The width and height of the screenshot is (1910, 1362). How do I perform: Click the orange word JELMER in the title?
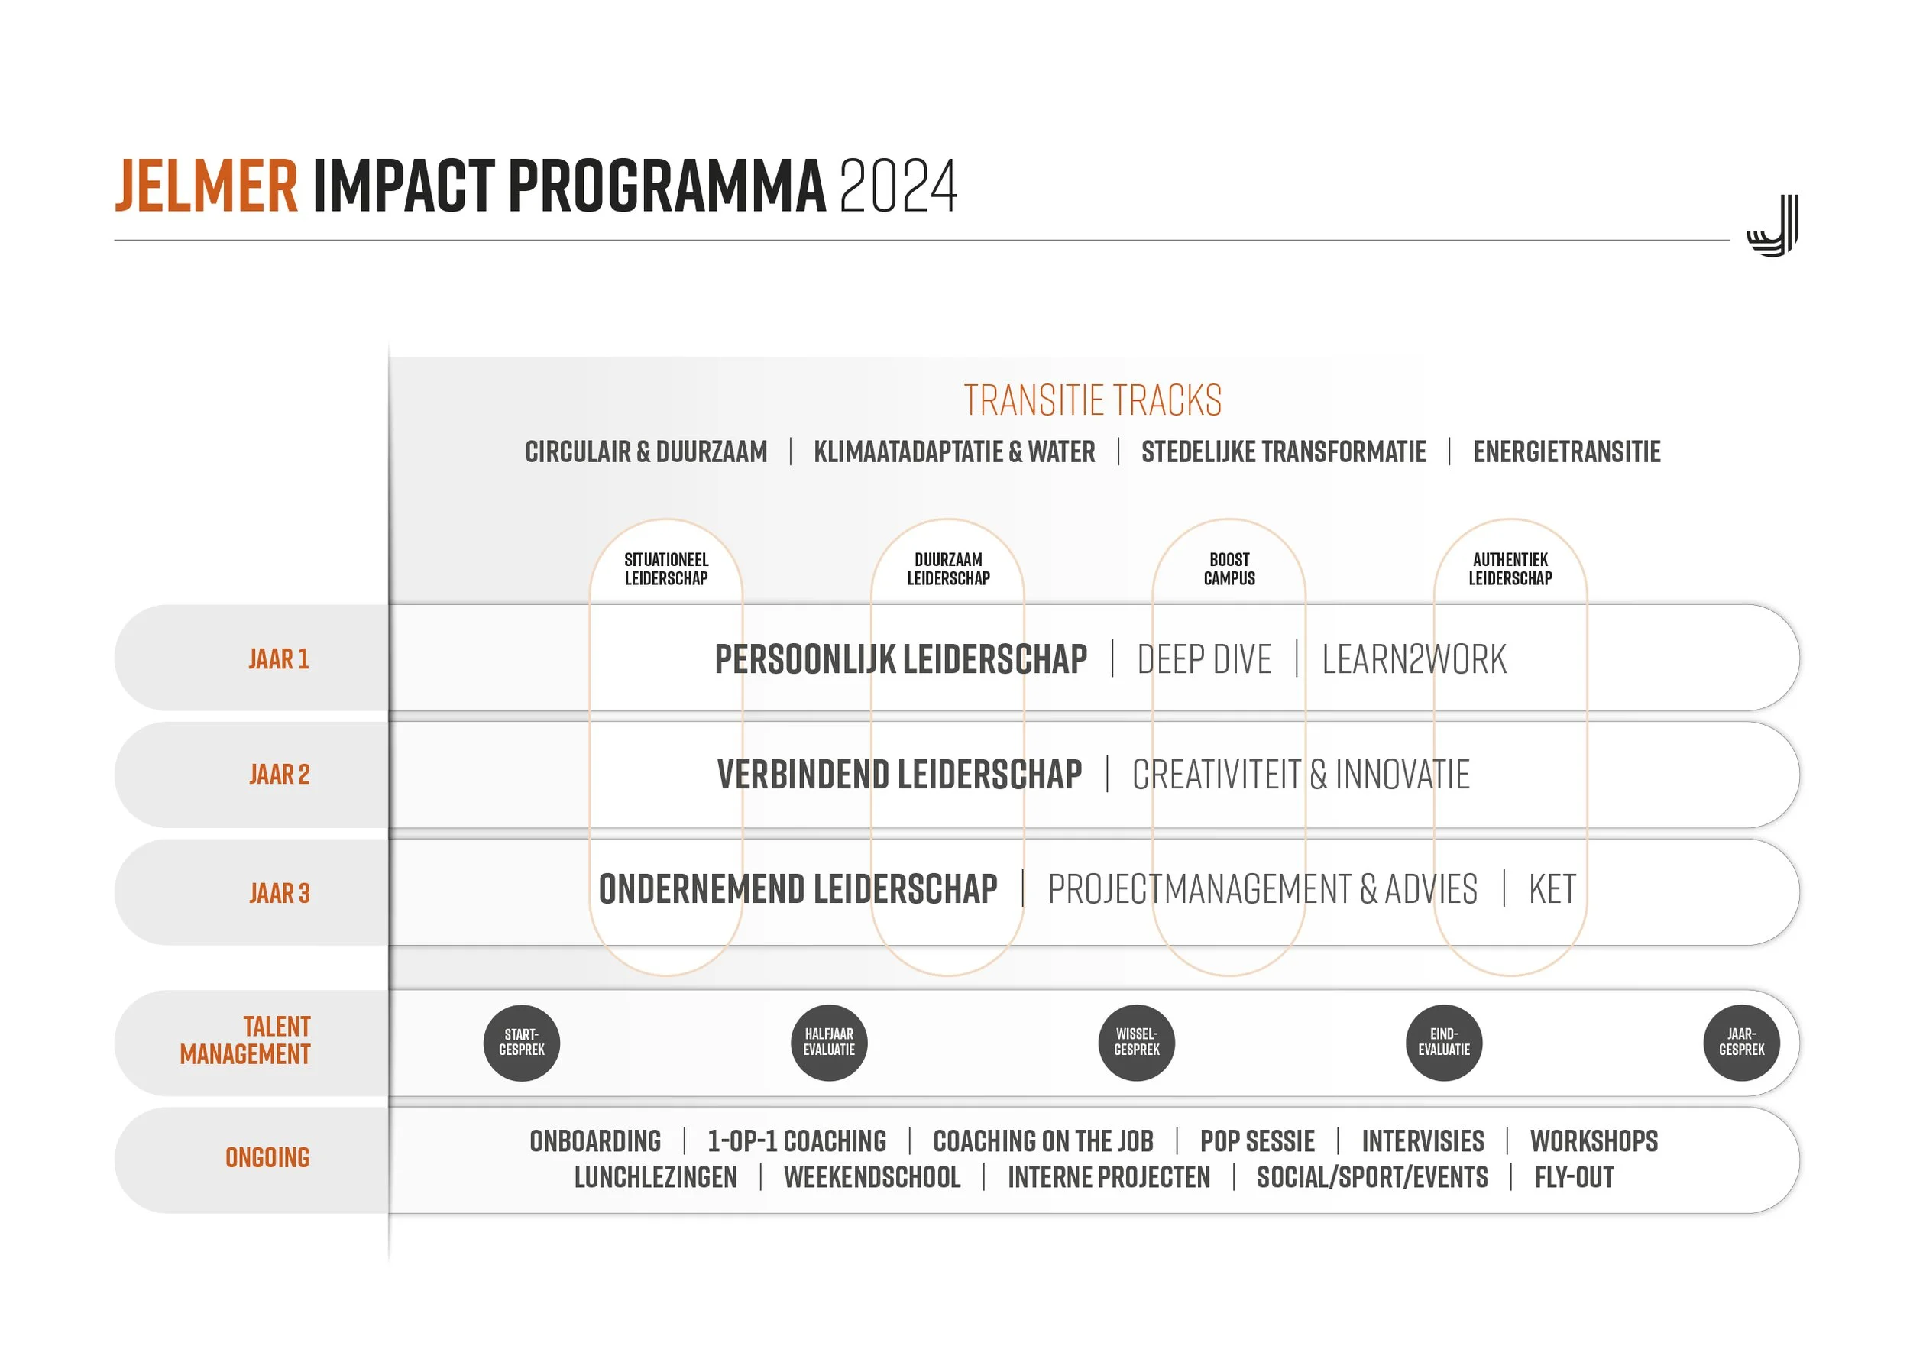coord(206,186)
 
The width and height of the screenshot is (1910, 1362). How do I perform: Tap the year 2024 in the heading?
coord(898,186)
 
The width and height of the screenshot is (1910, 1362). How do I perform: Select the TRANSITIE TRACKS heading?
coord(1093,400)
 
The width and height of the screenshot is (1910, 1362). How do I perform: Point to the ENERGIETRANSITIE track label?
coord(1566,452)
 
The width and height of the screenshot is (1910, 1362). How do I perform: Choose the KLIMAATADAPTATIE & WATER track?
coord(953,452)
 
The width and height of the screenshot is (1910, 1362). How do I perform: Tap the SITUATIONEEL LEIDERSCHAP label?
coord(666,568)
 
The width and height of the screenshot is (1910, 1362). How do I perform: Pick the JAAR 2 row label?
coord(280,774)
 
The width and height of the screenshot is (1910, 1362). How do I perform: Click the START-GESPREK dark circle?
coord(522,1043)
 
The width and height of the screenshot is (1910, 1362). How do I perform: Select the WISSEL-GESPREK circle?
coord(1137,1043)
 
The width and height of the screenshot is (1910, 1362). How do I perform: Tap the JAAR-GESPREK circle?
coord(1741,1043)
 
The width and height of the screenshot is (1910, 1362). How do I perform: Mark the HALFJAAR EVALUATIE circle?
coord(829,1043)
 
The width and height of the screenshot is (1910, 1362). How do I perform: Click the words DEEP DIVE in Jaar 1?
coord(1204,659)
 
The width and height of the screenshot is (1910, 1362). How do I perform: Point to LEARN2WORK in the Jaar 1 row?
coord(1414,659)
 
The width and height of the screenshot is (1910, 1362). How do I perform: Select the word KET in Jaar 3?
coord(1552,889)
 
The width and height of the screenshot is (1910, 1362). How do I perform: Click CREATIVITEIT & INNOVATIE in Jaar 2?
coord(1301,775)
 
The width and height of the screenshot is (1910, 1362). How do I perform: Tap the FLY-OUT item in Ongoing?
coord(1574,1177)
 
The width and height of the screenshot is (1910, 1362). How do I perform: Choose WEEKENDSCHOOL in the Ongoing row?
coord(872,1177)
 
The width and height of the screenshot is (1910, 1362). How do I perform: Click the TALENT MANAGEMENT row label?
coord(245,1041)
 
